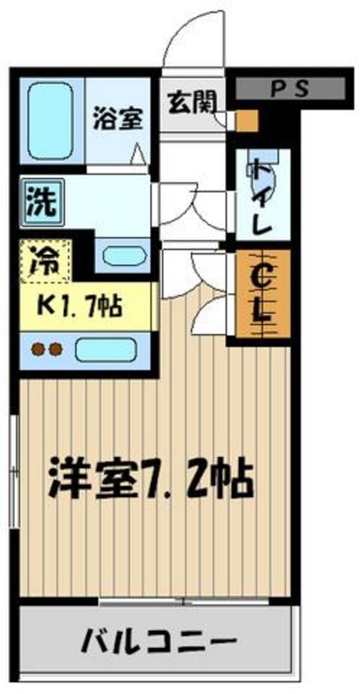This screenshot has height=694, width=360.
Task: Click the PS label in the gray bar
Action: click(290, 89)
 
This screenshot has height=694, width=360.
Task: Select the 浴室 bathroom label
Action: click(117, 118)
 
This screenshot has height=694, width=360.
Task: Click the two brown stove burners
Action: click(47, 349)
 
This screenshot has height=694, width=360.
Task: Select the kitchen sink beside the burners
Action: click(105, 349)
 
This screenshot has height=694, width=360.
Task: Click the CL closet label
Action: click(262, 294)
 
